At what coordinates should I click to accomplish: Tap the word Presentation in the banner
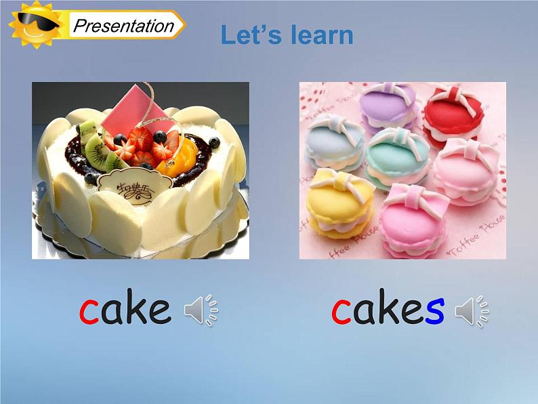(x=123, y=26)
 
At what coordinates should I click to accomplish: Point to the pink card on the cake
(x=144, y=109)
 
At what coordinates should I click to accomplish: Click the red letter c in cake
(x=89, y=310)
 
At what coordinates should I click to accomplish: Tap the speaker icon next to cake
(x=201, y=311)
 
